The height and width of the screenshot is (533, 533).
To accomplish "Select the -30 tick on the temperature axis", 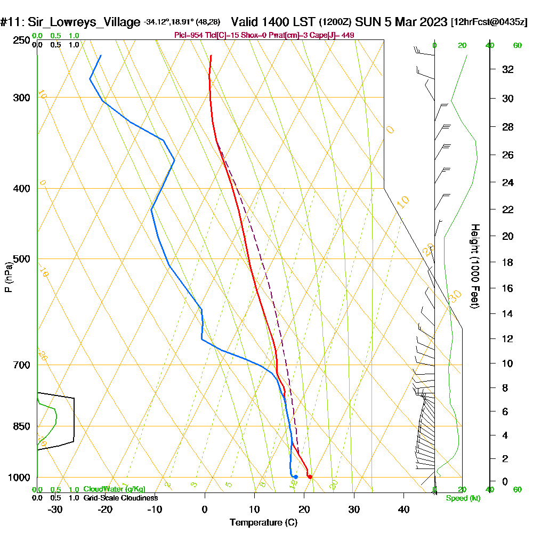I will (55, 510).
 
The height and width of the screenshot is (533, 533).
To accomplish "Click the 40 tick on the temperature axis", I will (403, 510).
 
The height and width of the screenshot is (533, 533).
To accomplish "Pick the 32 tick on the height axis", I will (507, 69).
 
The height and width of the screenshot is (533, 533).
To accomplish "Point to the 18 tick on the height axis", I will (507, 262).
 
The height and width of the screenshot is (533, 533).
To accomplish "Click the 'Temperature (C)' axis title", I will (263, 523).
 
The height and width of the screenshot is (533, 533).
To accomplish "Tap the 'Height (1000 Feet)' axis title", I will (474, 266).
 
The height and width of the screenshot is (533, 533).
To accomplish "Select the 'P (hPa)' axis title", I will (8, 277).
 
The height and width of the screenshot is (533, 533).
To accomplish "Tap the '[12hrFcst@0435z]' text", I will (489, 22).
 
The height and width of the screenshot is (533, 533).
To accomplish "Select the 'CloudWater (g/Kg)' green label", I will (114, 489).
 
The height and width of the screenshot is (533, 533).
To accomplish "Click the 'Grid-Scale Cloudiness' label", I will (120, 498).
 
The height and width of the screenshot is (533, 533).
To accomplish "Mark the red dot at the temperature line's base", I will (310, 477).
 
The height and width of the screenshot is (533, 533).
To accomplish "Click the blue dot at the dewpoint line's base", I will (295, 477).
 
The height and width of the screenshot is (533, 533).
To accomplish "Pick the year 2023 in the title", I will (432, 22).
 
